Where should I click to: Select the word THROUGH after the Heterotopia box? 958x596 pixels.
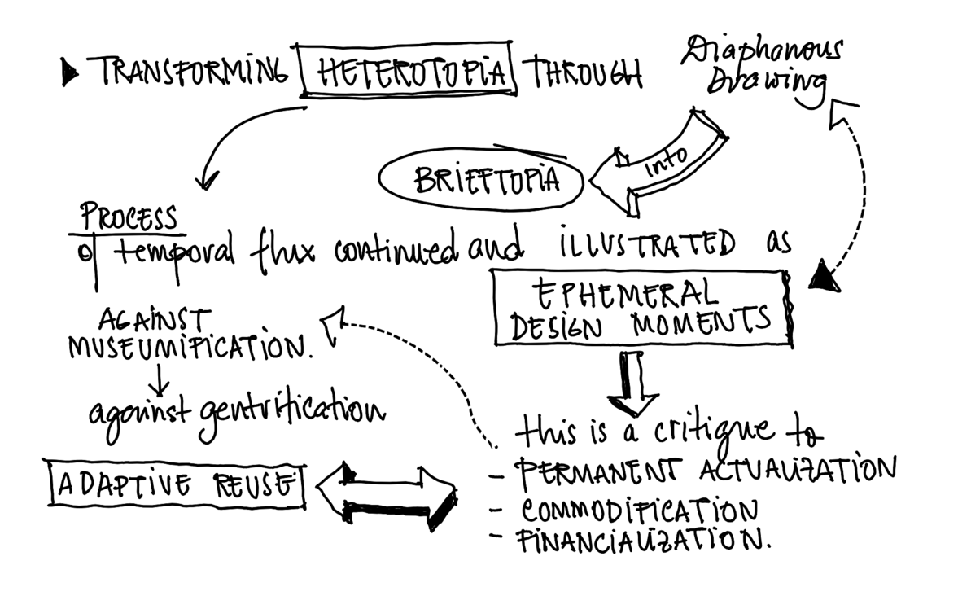point(586,73)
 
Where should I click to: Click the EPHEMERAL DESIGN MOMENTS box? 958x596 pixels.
point(641,309)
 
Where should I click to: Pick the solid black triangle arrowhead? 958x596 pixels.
point(824,278)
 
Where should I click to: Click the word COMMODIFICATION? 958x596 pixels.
point(640,510)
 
